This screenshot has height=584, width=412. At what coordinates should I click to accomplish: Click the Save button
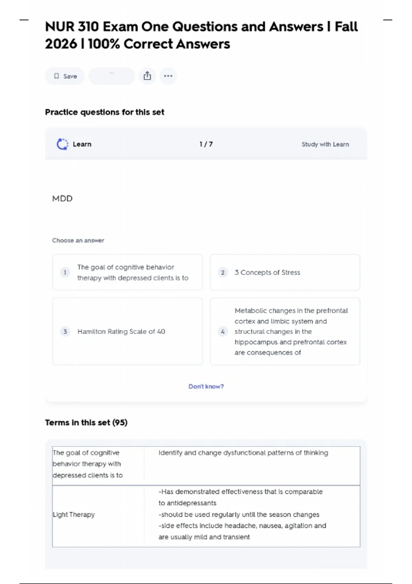click(65, 76)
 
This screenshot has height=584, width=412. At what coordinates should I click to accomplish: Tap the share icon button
click(147, 76)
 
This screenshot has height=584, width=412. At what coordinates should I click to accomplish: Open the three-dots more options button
click(168, 76)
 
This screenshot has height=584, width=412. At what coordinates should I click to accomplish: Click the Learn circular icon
click(62, 144)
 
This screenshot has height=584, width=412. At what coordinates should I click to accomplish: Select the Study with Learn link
click(325, 144)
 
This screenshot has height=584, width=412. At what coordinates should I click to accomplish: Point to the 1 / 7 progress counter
click(206, 144)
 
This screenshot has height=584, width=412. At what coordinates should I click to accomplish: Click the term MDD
click(62, 199)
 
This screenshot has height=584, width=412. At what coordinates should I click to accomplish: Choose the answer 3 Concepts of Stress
click(267, 272)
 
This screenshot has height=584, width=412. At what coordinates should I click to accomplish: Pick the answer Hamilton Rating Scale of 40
click(121, 332)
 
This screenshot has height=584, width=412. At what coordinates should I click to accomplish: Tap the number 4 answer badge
click(223, 332)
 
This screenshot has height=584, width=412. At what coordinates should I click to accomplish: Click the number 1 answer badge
click(65, 272)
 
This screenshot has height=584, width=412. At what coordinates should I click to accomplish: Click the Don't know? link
click(206, 386)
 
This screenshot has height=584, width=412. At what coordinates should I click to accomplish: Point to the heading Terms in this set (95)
click(86, 423)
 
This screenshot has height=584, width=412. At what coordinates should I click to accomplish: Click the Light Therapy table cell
click(74, 515)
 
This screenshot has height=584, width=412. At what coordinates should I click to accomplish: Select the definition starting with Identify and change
click(243, 453)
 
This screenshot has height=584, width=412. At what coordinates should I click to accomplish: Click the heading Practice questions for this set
click(105, 112)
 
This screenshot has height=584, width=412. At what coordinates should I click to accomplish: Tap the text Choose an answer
click(78, 240)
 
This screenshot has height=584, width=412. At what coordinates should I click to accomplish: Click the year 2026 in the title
click(61, 44)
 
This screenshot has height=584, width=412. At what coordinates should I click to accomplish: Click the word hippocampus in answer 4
click(256, 342)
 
